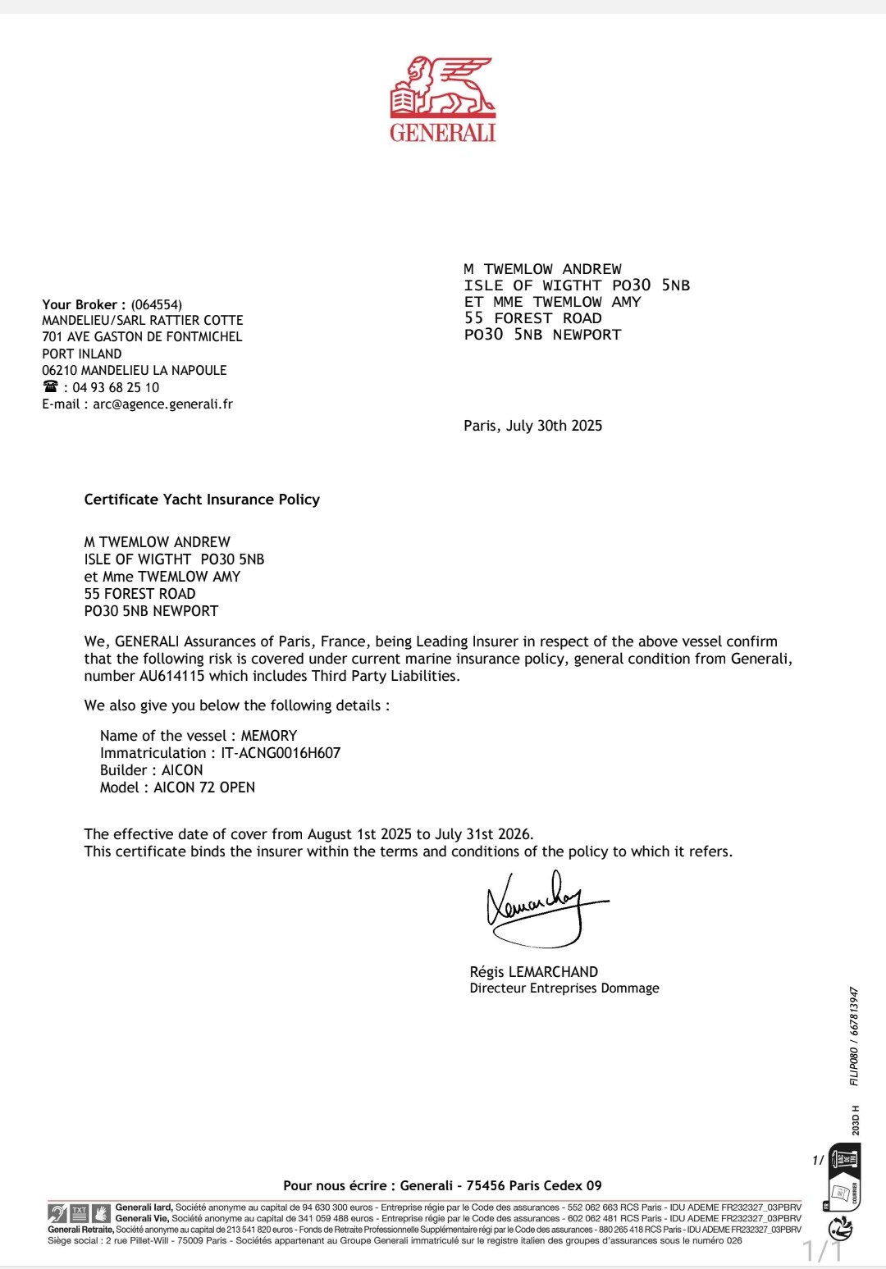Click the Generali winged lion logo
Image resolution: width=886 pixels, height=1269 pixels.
pos(442,87)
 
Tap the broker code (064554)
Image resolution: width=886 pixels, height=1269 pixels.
pos(157,304)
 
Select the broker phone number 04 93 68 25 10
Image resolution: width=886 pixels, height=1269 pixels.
pos(116,387)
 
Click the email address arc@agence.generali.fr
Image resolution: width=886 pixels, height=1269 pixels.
pos(162,404)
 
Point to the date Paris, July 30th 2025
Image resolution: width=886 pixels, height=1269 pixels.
pos(532,425)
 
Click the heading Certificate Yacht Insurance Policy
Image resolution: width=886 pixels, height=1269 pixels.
pos(202,499)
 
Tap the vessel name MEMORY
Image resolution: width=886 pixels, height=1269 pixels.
pos(269,736)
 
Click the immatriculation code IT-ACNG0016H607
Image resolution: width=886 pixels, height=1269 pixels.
pos(281,753)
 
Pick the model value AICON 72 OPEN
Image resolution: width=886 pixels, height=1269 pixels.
pos(204,787)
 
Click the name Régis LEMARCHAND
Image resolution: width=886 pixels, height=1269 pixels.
pos(533,971)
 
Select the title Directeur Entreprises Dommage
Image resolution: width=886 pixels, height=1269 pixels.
pos(564,988)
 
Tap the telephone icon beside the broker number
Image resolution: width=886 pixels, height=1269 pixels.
pos(51,386)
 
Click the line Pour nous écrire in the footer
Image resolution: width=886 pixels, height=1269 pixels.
pos(442,1185)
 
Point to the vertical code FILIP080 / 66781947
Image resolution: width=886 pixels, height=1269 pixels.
pos(854,1036)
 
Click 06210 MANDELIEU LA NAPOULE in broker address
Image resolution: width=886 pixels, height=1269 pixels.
pos(135,370)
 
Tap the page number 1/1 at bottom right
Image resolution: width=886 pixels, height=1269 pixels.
pos(822,1252)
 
